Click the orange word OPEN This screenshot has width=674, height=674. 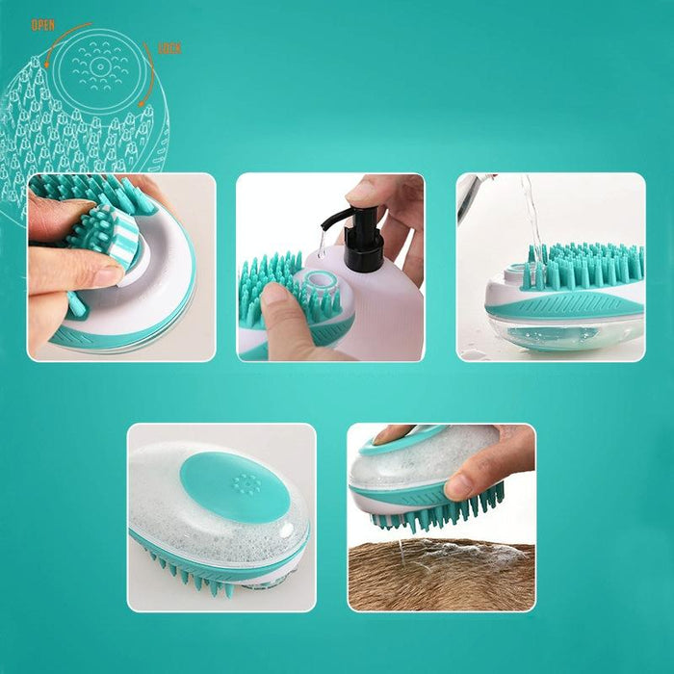tap(43, 25)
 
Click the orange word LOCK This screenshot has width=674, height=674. tap(168, 48)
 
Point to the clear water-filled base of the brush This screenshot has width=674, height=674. tap(563, 332)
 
